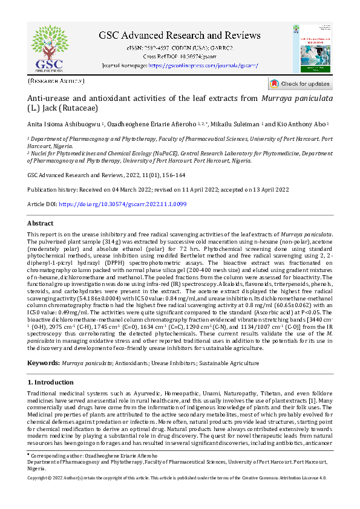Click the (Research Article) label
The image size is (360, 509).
pyautogui.click(x=56, y=80)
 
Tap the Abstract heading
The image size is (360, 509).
pyautogui.click(x=41, y=223)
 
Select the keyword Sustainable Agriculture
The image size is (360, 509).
pyautogui.click(x=229, y=363)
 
